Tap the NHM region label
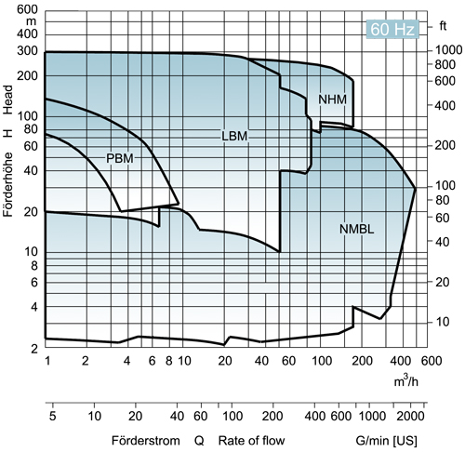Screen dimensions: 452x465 (x=332, y=99)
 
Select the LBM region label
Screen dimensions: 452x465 (x=236, y=135)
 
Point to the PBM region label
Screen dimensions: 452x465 (x=120, y=158)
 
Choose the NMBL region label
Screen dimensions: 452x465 (x=356, y=228)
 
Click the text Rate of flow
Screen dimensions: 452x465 (x=251, y=440)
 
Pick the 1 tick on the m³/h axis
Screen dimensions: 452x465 (x=46, y=359)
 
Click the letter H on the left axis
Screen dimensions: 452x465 (x=8, y=133)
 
